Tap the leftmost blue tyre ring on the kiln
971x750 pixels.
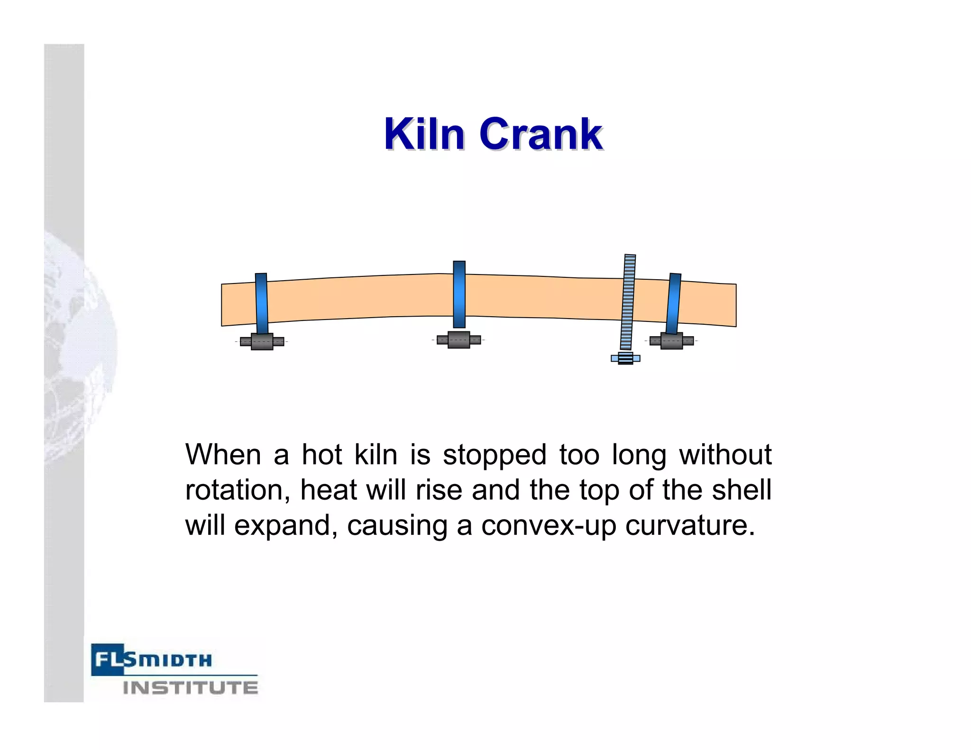261,303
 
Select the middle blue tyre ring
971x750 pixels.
459,294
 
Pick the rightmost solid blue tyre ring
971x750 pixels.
674,304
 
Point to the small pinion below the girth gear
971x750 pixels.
625,358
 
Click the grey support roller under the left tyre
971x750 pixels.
262,341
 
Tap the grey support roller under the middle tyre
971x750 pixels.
458,340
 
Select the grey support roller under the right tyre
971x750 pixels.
671,341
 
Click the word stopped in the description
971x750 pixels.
495,455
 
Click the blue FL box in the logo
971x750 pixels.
108,659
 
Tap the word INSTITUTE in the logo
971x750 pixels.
191,688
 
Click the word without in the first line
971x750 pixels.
725,455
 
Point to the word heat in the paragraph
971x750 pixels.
328,490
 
